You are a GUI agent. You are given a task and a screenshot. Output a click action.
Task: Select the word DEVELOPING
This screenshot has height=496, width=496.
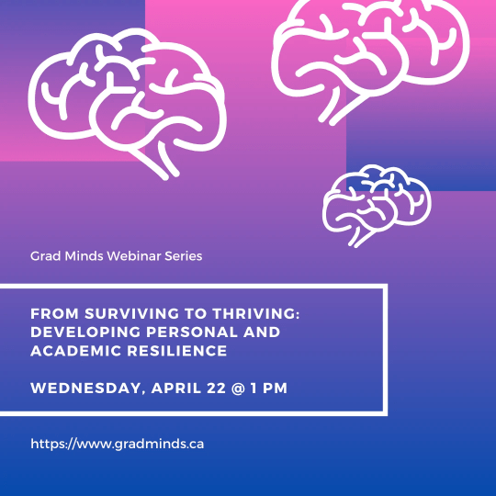(x=85, y=333)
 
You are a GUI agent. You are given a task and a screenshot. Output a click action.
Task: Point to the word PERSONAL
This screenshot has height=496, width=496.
(x=191, y=333)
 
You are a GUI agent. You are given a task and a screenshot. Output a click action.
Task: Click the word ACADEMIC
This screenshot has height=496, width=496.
(x=76, y=351)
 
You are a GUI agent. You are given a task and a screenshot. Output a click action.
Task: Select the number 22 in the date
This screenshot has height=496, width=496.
(x=217, y=389)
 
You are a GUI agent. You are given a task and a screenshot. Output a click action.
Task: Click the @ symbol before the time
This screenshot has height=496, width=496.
(x=238, y=389)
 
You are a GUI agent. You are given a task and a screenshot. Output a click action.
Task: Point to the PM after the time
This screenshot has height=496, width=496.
(x=275, y=389)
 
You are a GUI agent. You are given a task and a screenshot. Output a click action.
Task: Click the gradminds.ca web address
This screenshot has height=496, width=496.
(x=118, y=444)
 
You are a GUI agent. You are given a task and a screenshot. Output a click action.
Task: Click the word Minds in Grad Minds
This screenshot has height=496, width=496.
(x=84, y=256)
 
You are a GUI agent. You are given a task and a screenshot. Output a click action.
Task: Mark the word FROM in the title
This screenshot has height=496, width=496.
(x=54, y=314)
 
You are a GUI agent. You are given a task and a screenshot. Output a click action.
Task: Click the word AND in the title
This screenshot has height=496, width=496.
(x=262, y=333)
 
